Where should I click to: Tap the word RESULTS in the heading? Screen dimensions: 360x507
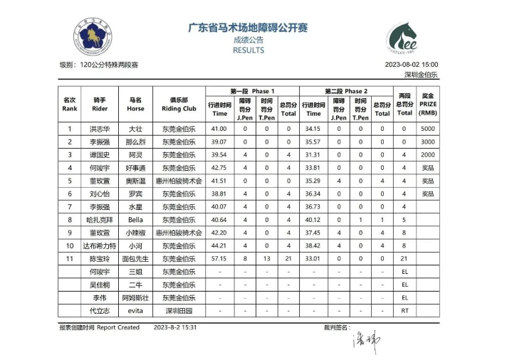[x=248, y=51]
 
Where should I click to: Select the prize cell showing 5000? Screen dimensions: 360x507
[x=427, y=129]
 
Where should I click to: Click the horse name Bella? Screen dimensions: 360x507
[x=135, y=219]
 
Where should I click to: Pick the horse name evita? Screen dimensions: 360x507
[x=135, y=310]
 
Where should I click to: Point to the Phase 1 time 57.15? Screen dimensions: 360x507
[x=219, y=258]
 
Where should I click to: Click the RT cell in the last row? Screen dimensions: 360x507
[x=404, y=310]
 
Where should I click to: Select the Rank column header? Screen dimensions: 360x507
[x=70, y=105]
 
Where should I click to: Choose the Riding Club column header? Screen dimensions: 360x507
[x=179, y=105]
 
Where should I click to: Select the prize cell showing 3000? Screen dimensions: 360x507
[x=427, y=142]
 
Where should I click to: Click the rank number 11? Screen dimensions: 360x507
[x=70, y=258]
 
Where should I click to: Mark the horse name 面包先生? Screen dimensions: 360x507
[x=135, y=258]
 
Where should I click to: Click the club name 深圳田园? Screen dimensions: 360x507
[x=179, y=310]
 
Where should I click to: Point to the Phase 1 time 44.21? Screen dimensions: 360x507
[x=219, y=245]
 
